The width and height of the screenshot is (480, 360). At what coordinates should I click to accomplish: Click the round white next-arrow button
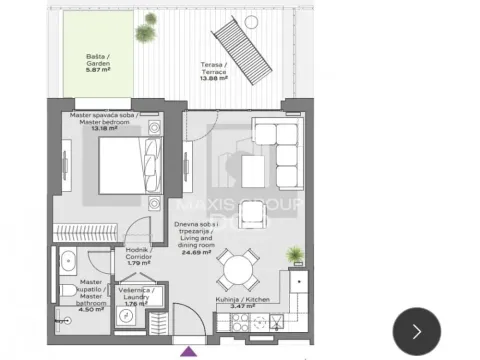coord(417,330)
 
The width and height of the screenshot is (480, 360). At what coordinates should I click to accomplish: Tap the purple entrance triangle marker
coord(187,350)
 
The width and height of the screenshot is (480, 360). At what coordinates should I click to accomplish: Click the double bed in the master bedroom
coord(128,164)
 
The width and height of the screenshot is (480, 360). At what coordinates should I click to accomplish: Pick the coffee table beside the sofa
coord(252,172)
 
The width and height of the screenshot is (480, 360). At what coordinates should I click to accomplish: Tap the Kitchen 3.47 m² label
coord(242,303)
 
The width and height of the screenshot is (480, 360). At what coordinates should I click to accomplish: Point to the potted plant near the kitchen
coord(294,256)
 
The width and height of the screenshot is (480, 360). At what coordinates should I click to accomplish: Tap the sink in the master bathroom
coord(66,263)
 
